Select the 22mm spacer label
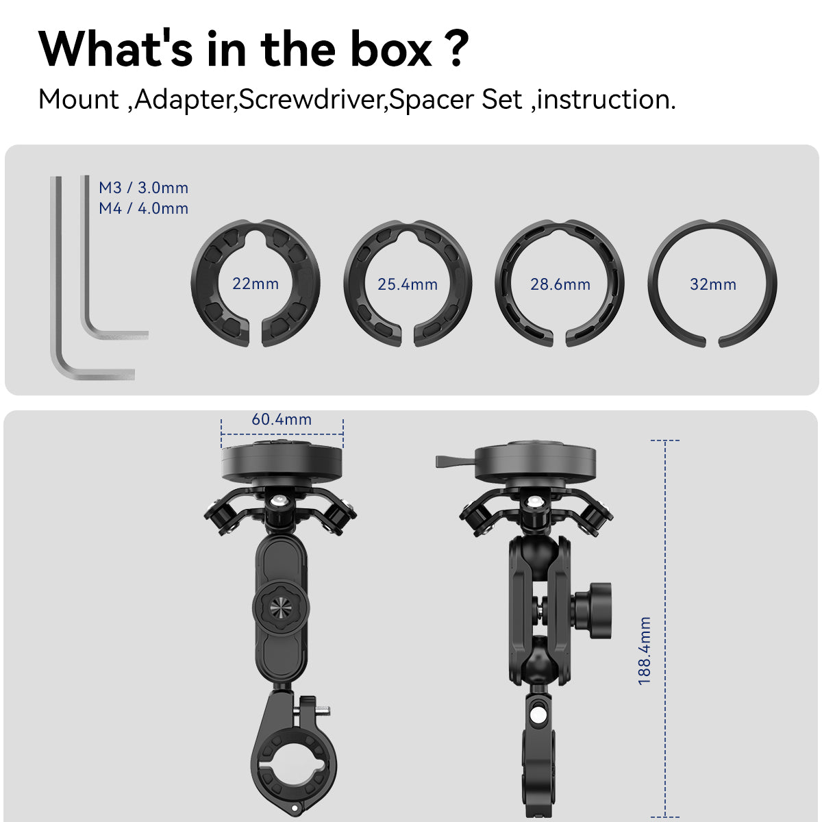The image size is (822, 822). click(256, 284)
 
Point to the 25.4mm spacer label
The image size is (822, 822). click(408, 284)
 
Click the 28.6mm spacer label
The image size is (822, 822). click(560, 284)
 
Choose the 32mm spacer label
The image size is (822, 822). click(713, 284)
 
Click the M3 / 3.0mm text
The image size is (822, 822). click(143, 188)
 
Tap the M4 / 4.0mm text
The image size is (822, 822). click(143, 209)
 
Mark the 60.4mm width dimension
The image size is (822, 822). click(282, 419)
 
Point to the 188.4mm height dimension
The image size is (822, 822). click(645, 651)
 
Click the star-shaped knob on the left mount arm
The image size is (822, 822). click(281, 607)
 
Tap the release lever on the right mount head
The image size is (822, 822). click(455, 461)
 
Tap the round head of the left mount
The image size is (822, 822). click(282, 461)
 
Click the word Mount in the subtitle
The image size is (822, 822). click(78, 100)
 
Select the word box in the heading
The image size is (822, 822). click(391, 50)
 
